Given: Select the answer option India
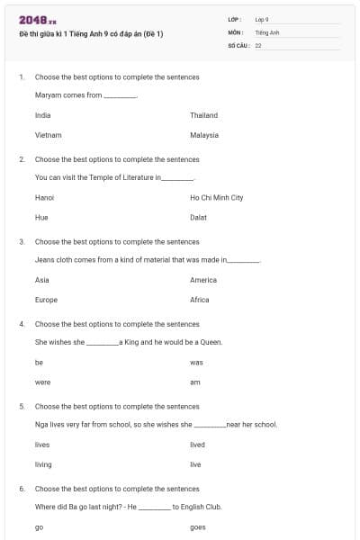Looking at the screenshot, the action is (x=42, y=115).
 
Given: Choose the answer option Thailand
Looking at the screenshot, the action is (x=204, y=115).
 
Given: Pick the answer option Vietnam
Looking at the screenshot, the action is (x=48, y=135).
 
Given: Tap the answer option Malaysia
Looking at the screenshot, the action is (x=204, y=135).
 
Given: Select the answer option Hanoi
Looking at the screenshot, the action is (x=44, y=197).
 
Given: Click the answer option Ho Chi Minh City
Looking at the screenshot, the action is (x=217, y=197).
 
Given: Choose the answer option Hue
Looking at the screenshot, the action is (x=41, y=217).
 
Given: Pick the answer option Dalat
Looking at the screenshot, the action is (x=199, y=217).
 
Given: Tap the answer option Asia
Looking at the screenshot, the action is (x=42, y=280).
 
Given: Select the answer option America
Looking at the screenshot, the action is (x=203, y=280).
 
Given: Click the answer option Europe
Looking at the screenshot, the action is (x=46, y=300).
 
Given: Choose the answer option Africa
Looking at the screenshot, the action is (x=200, y=300).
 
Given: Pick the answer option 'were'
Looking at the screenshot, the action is (x=42, y=382).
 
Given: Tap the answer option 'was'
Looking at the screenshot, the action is (x=197, y=362).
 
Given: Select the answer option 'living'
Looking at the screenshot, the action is (x=43, y=464).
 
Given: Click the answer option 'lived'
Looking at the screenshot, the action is (x=198, y=445).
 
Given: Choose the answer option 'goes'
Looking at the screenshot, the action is (x=198, y=527).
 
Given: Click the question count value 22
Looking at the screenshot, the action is (x=258, y=44).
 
